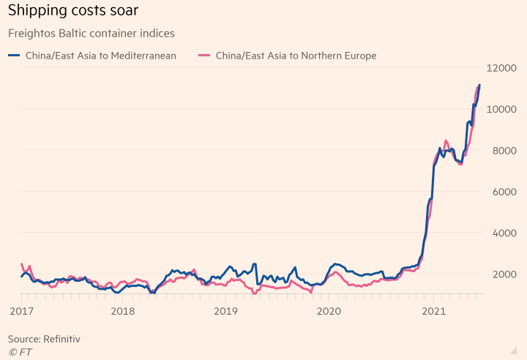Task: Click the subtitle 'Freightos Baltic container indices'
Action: tap(91, 33)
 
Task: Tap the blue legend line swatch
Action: tap(14, 56)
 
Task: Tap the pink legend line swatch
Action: tap(204, 56)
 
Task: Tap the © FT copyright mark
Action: tap(20, 352)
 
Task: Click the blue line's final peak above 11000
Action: tap(479, 85)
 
